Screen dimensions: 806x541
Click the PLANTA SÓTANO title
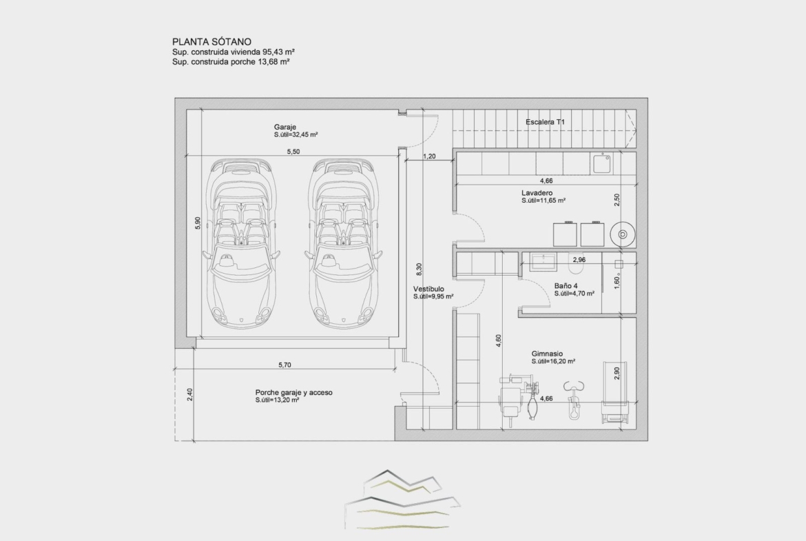211,41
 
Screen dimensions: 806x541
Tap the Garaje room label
285,127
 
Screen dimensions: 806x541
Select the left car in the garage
240,243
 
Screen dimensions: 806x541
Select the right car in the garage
343,243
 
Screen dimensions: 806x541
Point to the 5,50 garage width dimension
293,152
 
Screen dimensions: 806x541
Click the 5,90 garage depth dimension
198,223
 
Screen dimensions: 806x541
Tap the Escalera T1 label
545,122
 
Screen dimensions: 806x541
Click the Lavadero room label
537,193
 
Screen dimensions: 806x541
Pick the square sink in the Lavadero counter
601,164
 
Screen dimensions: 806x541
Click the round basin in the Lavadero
622,234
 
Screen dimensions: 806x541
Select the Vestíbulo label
428,289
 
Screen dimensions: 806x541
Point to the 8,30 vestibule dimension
419,269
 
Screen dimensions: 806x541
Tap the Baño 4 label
566,286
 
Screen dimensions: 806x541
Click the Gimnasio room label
547,354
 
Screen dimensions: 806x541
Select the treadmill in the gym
614,392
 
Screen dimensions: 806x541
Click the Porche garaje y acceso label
294,392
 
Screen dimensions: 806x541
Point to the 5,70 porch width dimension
285,365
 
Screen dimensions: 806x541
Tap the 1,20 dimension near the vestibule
429,156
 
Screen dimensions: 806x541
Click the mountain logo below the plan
402,500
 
